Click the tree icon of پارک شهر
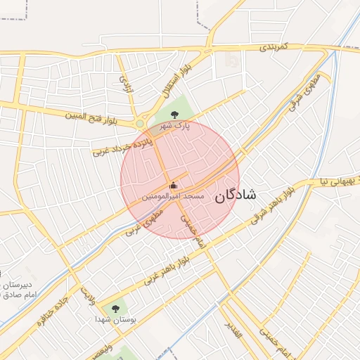pyautogui.click(x=175, y=115)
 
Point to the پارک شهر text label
pyautogui.click(x=174, y=125)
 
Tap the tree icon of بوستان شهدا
pyautogui.click(x=115, y=308)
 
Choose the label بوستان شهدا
pyautogui.click(x=115, y=319)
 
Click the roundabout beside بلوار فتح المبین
pyautogui.click(x=140, y=124)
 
